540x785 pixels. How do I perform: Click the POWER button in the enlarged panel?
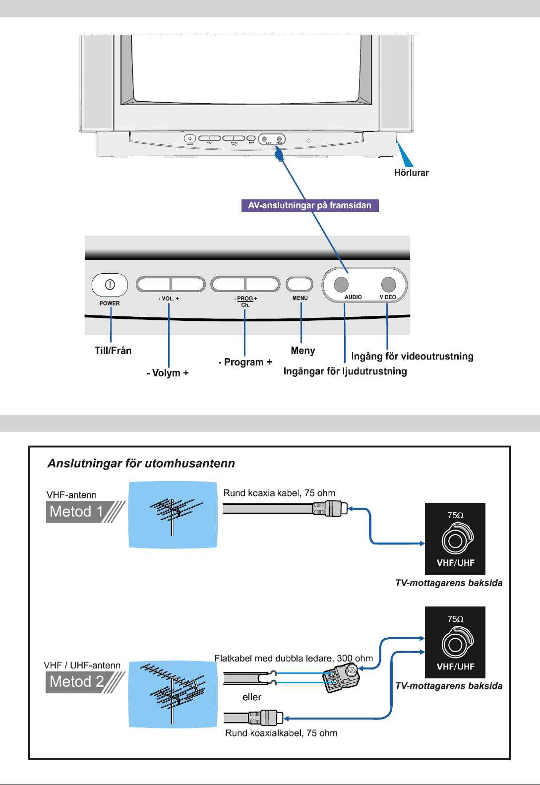coord(110,285)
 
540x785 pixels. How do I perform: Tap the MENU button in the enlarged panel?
coord(300,284)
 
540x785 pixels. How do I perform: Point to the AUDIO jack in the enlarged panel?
coord(341,285)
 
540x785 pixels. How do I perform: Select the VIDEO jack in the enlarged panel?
coord(388,285)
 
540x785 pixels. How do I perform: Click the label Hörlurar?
coord(411,173)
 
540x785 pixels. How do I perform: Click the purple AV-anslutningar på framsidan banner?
coord(310,205)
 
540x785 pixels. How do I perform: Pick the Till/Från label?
coord(113,351)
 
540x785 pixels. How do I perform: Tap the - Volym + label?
coord(168,373)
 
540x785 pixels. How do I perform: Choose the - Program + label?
coord(245,362)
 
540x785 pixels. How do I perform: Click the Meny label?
coord(303,351)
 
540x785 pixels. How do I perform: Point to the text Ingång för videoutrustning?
coord(412,356)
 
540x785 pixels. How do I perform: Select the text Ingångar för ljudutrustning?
coord(345,371)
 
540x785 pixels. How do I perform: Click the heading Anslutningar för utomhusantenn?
coord(141,463)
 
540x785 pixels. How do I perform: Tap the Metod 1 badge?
coord(77,512)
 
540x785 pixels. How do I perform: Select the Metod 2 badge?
coord(77,682)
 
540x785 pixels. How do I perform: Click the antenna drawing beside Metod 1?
coord(173,514)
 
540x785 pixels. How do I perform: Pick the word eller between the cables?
coord(252,697)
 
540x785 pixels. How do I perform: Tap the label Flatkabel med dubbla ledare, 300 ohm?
coord(294,659)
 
